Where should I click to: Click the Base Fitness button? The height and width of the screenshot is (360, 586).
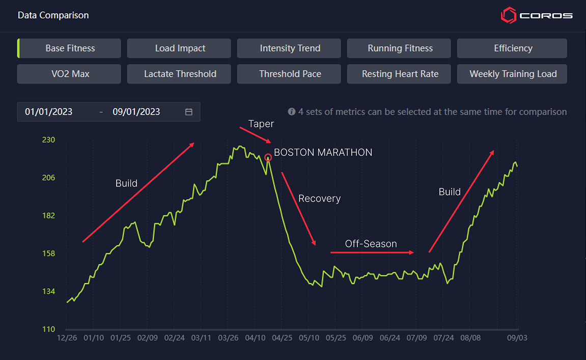[70, 48]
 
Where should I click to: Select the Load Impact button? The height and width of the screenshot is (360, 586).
[180, 48]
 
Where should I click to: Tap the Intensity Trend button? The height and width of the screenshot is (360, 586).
[290, 48]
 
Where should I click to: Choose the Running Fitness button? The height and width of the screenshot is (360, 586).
[400, 48]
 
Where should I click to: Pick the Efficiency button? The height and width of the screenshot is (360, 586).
[513, 48]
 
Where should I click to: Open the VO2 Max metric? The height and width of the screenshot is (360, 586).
[70, 74]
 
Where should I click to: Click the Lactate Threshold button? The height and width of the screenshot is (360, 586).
[180, 74]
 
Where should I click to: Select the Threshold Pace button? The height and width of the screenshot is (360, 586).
[290, 74]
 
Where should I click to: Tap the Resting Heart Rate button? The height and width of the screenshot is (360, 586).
[400, 74]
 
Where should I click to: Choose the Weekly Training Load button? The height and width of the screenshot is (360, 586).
[513, 74]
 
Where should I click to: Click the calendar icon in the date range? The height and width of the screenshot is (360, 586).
[189, 112]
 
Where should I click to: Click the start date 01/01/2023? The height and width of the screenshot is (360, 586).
[49, 112]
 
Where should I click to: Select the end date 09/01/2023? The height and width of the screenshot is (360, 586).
[136, 112]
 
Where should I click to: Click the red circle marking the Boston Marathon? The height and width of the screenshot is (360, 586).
[268, 158]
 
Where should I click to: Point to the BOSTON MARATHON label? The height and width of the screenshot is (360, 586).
[323, 153]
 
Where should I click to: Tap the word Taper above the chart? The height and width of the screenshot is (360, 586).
[261, 124]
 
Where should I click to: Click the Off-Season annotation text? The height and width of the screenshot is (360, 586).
[371, 244]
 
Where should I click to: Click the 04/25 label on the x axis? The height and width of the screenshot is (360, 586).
[282, 338]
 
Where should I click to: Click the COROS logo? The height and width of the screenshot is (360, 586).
[536, 15]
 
